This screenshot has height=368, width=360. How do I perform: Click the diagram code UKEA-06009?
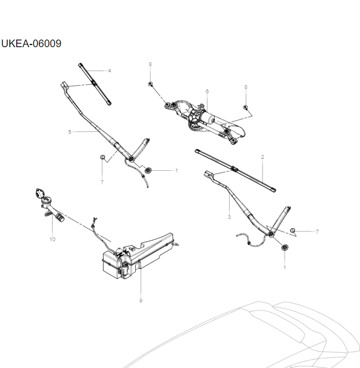point(31,44)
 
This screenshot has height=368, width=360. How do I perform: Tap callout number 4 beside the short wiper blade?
point(109,70)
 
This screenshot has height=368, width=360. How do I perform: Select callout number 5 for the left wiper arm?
point(69,132)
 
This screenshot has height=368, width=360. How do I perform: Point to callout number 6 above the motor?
point(207,91)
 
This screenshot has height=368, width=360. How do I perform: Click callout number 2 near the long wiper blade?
point(263,157)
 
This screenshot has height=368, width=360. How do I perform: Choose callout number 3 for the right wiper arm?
point(229,217)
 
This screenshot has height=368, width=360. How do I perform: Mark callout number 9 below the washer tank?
point(141,300)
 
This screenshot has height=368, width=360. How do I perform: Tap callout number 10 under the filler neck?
point(53,239)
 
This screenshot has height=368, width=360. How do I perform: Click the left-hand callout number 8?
point(150,64)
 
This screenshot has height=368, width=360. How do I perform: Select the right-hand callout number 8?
point(246,87)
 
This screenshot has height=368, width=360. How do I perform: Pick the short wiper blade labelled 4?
point(95,84)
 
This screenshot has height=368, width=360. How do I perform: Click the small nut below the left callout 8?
point(150,84)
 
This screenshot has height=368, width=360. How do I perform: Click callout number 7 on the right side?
point(317,231)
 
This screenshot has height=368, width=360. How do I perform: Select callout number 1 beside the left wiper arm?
point(176,170)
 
